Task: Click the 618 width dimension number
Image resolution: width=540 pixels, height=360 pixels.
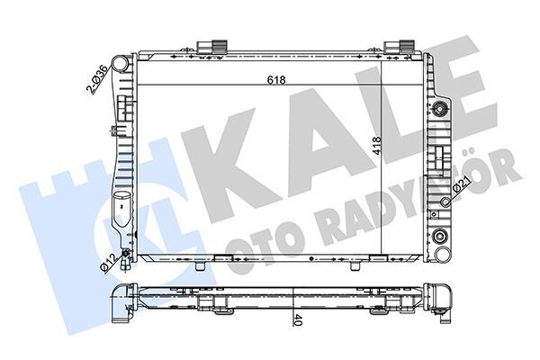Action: [x=275, y=79]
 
